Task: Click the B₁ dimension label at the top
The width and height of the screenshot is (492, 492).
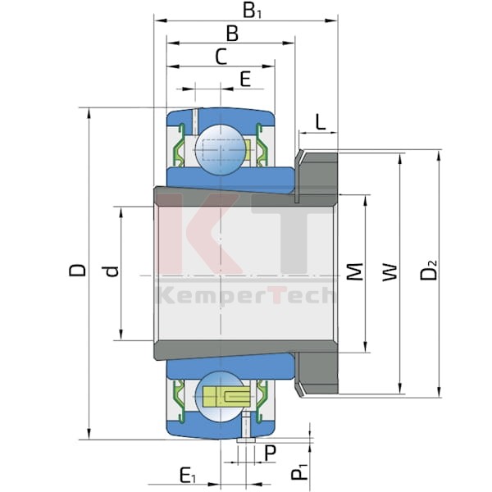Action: coord(252,11)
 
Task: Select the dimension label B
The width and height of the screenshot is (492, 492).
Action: coord(232,34)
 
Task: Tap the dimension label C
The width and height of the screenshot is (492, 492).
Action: coord(221,57)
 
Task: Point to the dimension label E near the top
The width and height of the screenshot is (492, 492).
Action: coord(245,79)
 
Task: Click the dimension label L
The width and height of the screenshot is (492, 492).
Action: coord(320,121)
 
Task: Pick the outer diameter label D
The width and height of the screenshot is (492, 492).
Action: coord(77,270)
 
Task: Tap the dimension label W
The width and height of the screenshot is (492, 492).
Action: coord(390,272)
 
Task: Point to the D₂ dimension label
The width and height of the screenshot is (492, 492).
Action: coord(428,270)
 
